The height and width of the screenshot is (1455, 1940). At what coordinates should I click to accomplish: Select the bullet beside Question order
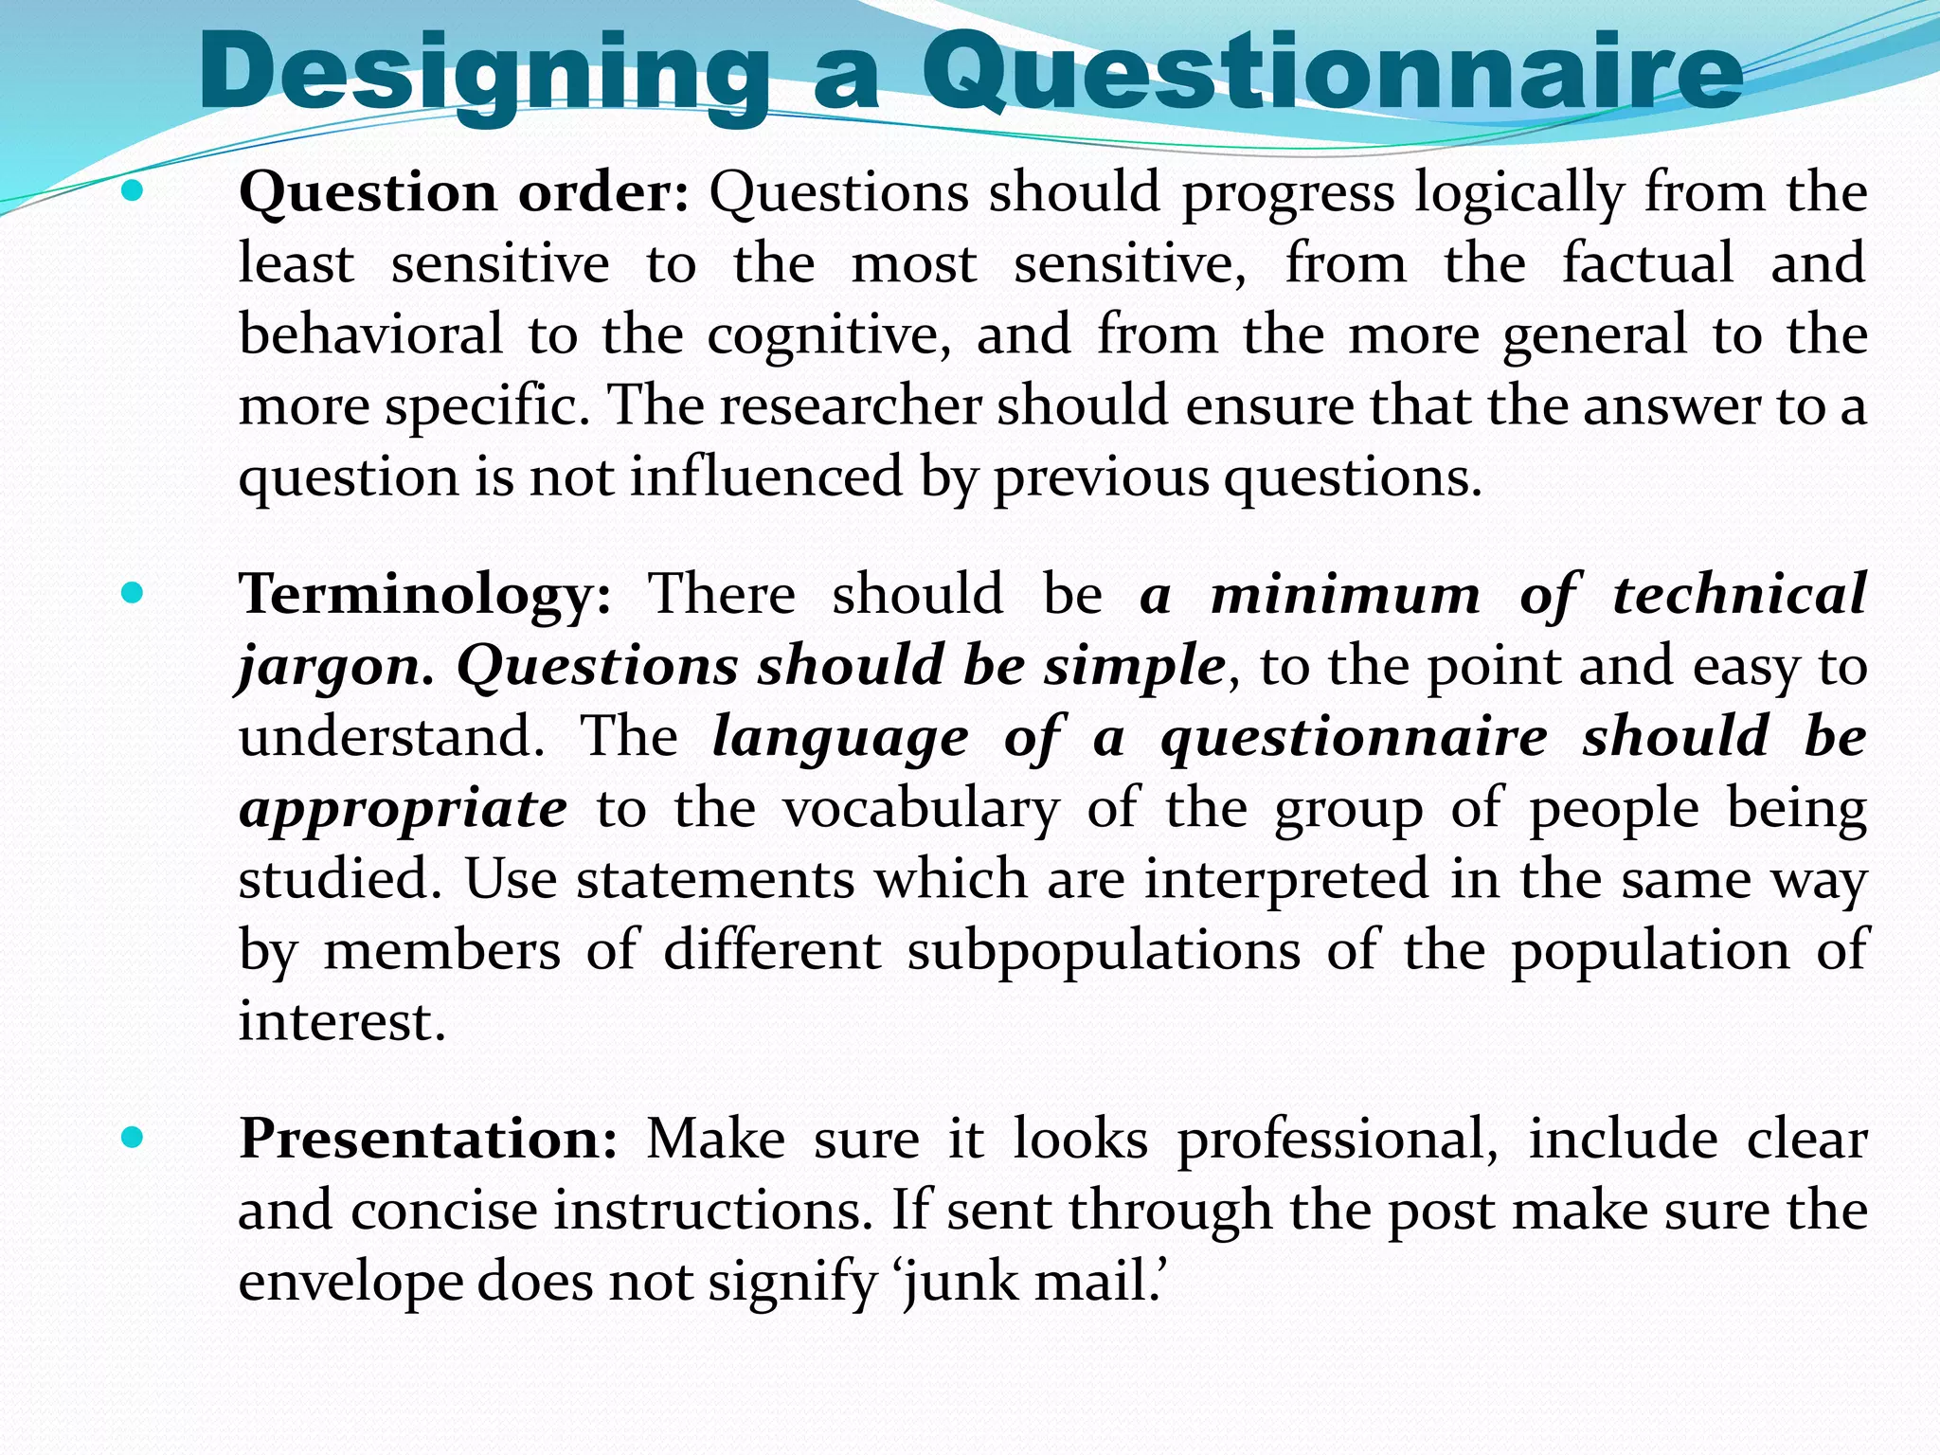pos(133,192)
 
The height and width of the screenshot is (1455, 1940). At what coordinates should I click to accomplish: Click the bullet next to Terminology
pos(133,595)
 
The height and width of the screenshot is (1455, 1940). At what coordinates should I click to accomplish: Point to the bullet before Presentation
pos(133,1139)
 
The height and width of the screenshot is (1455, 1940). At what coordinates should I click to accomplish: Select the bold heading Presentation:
pos(428,1139)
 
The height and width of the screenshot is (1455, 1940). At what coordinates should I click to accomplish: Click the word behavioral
pos(370,335)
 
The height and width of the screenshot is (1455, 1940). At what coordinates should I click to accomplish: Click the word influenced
pos(766,476)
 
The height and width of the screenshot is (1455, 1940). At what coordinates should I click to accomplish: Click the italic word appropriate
pos(404,811)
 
